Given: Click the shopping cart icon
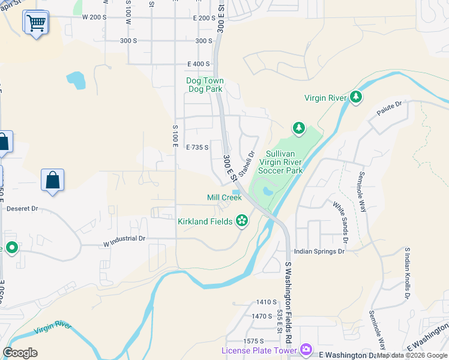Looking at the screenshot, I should tap(36, 23).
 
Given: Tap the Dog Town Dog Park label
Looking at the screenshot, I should tap(205, 85).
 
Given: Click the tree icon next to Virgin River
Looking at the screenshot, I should tap(356, 97).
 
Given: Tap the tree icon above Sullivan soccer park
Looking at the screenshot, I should tap(298, 127).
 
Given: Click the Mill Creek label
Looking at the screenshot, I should tap(224, 197).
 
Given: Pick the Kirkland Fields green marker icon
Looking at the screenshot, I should tap(242, 221).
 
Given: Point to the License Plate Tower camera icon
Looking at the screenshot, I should tap(306, 349).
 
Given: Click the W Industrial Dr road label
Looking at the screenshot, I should tap(124, 238).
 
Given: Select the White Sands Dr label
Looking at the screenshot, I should tap(340, 221).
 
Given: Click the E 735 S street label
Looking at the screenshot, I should tap(197, 147).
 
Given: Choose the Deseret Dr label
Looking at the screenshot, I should tap(22, 209).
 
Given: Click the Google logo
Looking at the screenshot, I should tap(20, 352).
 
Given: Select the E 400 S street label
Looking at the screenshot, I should tap(199, 64).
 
